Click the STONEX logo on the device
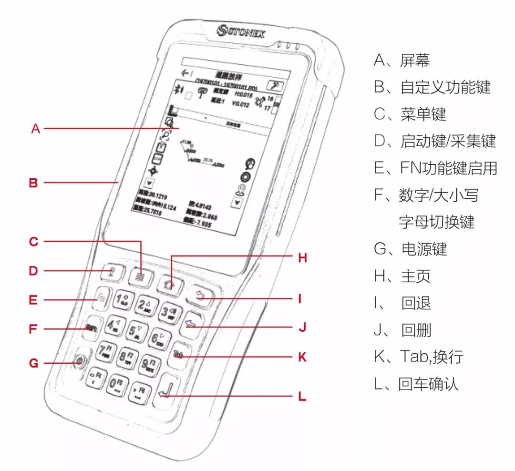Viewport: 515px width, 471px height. pyautogui.click(x=241, y=32)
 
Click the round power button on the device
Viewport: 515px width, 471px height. pyautogui.click(x=79, y=360)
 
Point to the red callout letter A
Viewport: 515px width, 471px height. pyautogui.click(x=36, y=128)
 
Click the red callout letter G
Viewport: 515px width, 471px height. pyautogui.click(x=33, y=363)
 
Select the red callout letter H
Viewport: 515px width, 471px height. pyautogui.click(x=302, y=257)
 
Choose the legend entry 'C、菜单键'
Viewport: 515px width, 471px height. pyautogui.click(x=410, y=114)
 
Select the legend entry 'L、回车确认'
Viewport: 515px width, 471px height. pyautogui.click(x=416, y=384)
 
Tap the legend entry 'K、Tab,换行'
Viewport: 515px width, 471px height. pyautogui.click(x=418, y=357)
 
